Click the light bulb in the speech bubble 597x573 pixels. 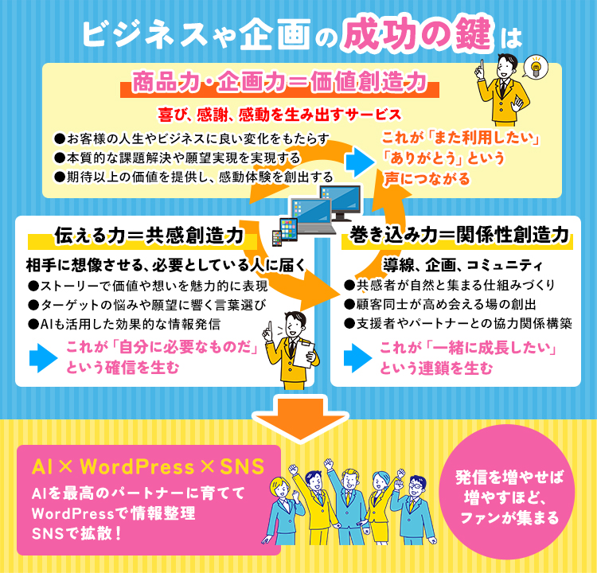(x=536, y=66)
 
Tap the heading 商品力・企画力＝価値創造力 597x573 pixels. (x=279, y=82)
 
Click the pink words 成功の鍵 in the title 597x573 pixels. (x=417, y=35)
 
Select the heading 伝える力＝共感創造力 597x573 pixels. (x=149, y=235)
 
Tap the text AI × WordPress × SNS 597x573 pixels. (x=148, y=466)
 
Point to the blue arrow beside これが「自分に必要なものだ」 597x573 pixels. (x=44, y=358)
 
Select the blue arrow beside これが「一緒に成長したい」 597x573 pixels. (x=358, y=358)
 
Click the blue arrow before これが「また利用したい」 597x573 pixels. (x=361, y=162)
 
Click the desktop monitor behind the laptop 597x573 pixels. (x=341, y=202)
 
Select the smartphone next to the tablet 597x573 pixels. (x=276, y=238)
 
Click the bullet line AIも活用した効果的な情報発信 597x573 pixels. (x=124, y=324)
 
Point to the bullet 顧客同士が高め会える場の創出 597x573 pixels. (x=439, y=304)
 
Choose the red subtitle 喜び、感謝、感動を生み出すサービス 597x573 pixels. (x=280, y=115)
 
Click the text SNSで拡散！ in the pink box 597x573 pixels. (x=77, y=533)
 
